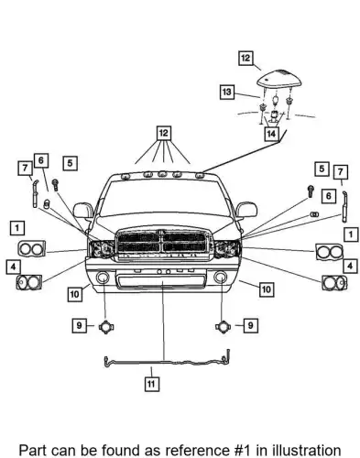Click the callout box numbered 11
[151, 384]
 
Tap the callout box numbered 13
[227, 92]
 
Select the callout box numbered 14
[271, 134]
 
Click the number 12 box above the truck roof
[164, 133]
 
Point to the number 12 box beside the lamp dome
[245, 58]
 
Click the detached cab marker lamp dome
[279, 78]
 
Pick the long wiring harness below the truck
[167, 360]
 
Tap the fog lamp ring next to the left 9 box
[106, 327]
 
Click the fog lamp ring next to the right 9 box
[224, 327]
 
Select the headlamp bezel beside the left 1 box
[32, 248]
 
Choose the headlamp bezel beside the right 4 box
[334, 282]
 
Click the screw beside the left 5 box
[55, 185]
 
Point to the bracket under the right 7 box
[345, 207]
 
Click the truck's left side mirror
[83, 210]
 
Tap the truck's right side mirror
[246, 210]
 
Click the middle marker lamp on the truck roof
[163, 174]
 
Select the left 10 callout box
[74, 294]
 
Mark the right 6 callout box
[329, 196]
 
